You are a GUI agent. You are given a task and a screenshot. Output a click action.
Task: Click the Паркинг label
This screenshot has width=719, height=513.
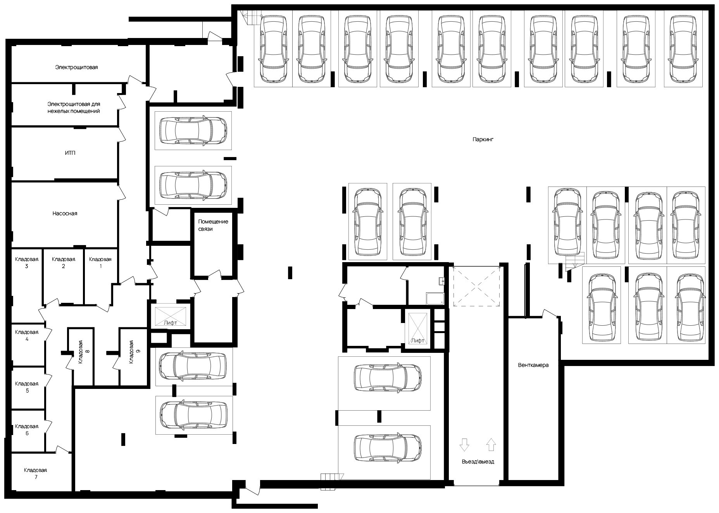pos(483,139)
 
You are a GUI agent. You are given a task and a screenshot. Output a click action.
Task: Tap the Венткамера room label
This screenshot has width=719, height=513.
pos(533,365)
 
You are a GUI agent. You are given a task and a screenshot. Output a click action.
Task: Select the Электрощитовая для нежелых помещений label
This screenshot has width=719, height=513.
pos(74,108)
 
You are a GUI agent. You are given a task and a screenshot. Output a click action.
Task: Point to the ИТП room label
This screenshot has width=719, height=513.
pos(70,153)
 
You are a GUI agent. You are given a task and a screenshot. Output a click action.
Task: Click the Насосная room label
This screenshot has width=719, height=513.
pos(65,213)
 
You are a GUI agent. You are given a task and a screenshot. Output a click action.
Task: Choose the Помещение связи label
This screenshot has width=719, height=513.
pos(213,225)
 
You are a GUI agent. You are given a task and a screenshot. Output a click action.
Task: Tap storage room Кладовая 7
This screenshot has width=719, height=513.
pos(36,473)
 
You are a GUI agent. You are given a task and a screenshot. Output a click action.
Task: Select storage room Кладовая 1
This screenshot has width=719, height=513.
pos(100,263)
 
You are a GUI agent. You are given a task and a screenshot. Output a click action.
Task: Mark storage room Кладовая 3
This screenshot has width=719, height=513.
pos(27,263)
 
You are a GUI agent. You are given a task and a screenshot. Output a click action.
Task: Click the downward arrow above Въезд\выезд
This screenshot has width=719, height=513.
pos(464,444)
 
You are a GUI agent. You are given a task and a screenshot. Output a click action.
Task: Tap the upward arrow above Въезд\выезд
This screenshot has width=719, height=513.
pos(491,444)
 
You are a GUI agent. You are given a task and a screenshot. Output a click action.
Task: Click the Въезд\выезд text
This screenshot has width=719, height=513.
pos(478,462)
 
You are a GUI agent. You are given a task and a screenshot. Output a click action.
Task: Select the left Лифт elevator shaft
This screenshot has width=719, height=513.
pos(171,316)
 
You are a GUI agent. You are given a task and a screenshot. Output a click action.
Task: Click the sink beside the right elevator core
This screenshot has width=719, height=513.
pos(435,299)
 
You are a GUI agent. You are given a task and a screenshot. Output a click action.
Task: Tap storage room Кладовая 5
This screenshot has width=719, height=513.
pos(27,387)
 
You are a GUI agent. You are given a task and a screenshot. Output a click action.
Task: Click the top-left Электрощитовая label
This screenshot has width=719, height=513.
pos(76,67)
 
